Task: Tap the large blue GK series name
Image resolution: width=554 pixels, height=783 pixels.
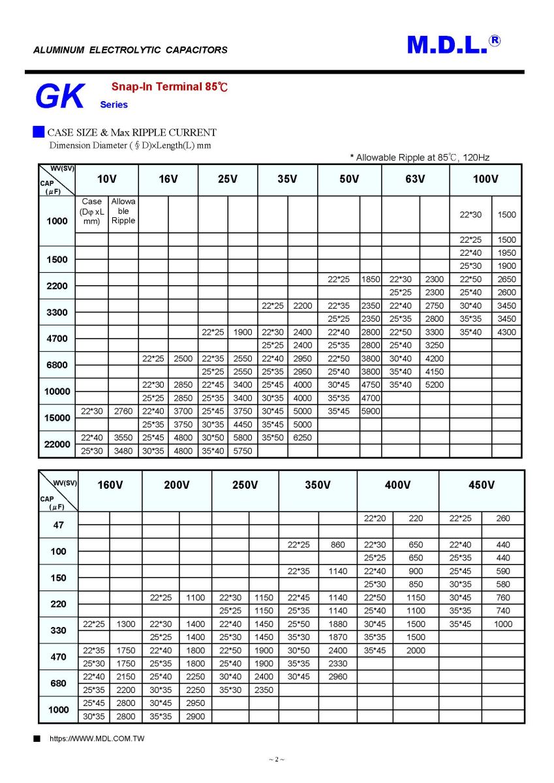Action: [x=59, y=97]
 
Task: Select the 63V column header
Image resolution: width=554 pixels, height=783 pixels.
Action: [x=414, y=179]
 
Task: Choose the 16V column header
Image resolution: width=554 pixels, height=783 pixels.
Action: [x=168, y=179]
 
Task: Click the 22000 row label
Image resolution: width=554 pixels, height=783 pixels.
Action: [x=57, y=444]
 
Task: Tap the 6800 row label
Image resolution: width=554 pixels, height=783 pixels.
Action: [x=57, y=365]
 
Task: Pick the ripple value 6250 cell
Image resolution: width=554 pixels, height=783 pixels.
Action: [x=303, y=437]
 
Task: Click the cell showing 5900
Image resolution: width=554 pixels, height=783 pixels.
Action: [x=371, y=411]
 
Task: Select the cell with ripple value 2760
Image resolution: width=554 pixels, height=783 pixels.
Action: [x=123, y=411]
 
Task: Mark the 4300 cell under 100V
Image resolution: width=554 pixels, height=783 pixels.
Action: [x=506, y=332]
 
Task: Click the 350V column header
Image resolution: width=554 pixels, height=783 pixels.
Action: [x=318, y=485]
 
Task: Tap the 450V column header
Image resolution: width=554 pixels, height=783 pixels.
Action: [x=481, y=485]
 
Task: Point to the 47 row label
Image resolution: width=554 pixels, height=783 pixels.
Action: [x=58, y=525]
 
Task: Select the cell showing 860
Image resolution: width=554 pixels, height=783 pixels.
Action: [x=338, y=544]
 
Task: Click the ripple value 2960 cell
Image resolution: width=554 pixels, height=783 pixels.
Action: [x=338, y=677]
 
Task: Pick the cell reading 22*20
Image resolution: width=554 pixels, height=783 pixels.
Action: [x=375, y=518]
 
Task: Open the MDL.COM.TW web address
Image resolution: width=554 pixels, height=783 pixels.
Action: [x=97, y=739]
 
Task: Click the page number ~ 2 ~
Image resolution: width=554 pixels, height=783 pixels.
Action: [x=277, y=760]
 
